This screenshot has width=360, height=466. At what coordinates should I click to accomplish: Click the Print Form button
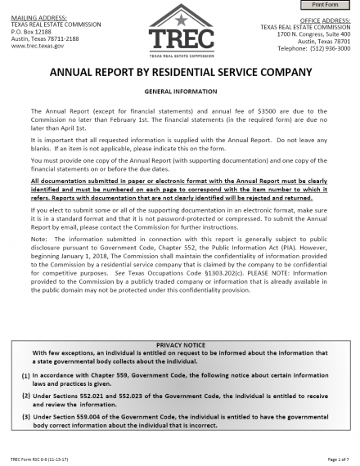point(331,6)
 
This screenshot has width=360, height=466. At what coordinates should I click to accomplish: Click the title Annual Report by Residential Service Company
point(181,72)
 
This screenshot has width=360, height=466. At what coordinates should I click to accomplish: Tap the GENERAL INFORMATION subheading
point(180,92)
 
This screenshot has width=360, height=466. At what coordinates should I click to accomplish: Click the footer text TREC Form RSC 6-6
point(40,459)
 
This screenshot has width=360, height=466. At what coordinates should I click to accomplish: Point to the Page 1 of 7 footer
point(336,459)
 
